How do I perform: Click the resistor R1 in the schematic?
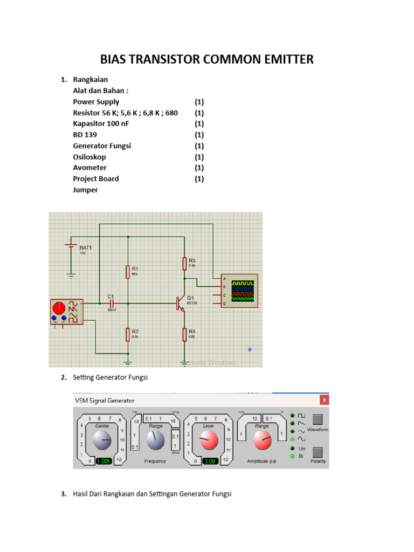click(x=128, y=271)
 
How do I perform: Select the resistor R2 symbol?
click(x=128, y=334)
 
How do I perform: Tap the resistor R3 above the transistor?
click(x=184, y=263)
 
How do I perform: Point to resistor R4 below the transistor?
click(x=184, y=334)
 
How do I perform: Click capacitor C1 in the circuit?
click(x=113, y=303)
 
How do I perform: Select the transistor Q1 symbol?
click(x=180, y=303)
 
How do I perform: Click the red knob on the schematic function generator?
click(x=59, y=309)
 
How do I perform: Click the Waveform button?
click(x=318, y=419)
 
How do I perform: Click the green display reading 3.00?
click(x=210, y=461)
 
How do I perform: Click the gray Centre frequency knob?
click(x=102, y=440)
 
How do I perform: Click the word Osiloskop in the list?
click(x=89, y=157)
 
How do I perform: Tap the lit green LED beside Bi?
click(x=292, y=456)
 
